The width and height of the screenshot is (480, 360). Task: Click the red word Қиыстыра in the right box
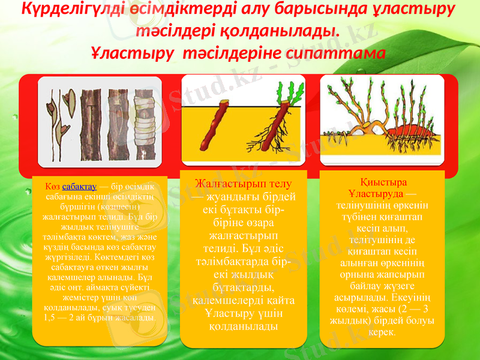[x=382, y=182]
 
